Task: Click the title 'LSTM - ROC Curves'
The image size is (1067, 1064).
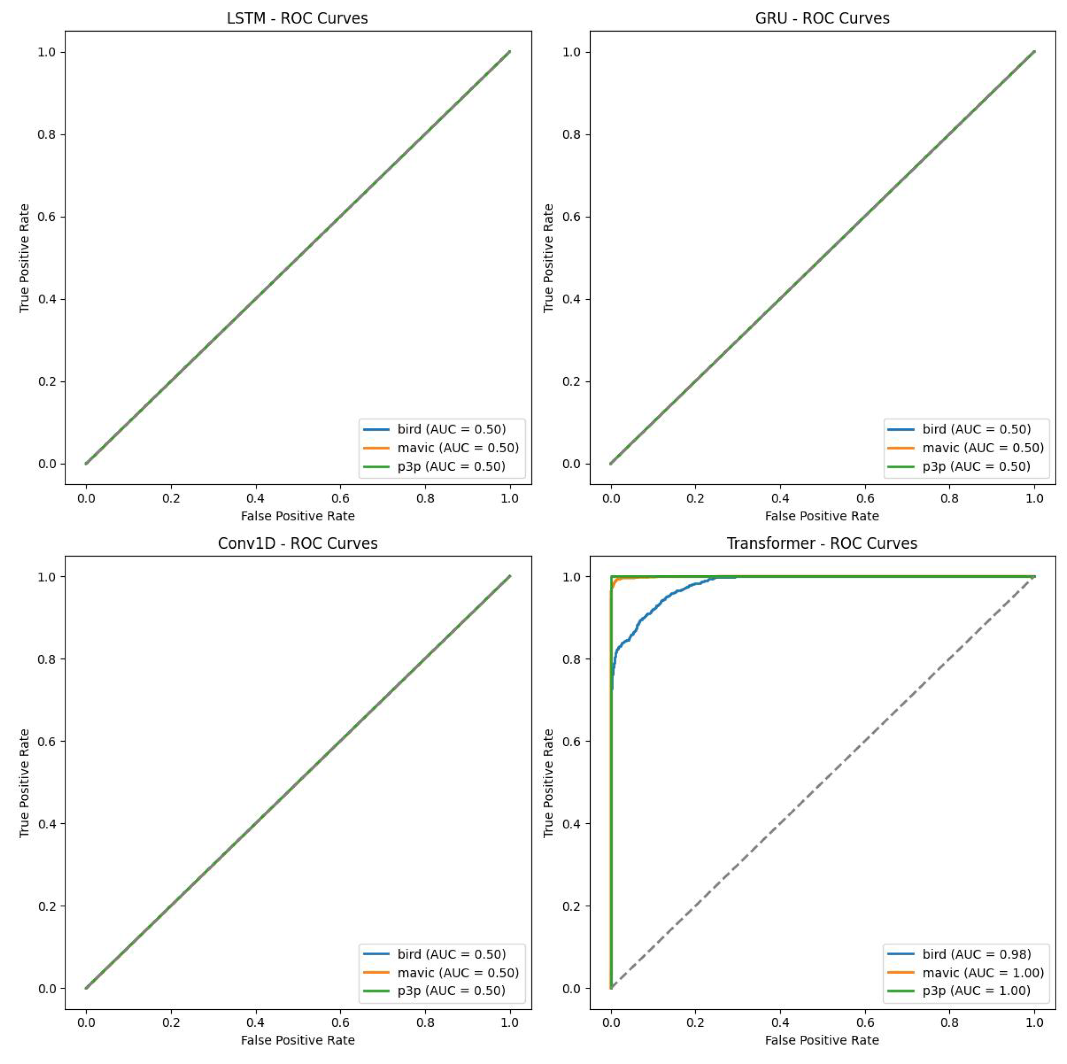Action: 297,18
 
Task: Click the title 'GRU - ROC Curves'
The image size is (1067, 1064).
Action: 822,18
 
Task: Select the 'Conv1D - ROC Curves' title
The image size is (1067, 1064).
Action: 297,543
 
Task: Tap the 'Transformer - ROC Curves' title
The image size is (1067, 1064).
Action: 822,543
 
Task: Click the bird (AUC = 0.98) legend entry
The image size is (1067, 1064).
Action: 976,954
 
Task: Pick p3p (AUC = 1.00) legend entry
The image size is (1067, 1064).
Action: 976,991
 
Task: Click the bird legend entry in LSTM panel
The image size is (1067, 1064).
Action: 451,429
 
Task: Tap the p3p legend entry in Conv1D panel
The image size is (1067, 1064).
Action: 451,991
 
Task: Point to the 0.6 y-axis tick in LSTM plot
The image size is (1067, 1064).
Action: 47,217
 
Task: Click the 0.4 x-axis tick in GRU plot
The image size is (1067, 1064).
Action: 780,498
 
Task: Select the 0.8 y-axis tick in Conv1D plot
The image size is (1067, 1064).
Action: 47,659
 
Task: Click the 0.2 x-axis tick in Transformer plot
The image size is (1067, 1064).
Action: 695,1022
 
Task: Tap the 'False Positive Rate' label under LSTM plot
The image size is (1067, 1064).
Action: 298,516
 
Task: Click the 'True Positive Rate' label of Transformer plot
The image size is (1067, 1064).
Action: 548,783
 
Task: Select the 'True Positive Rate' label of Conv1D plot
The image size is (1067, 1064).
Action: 24,783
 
